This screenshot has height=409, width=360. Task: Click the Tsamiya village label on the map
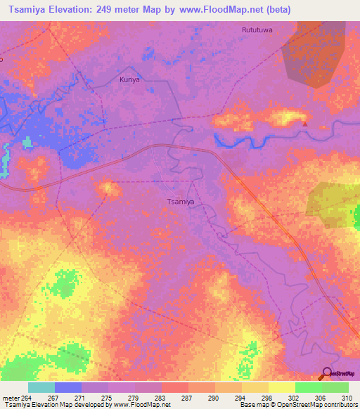pyautogui.click(x=180, y=202)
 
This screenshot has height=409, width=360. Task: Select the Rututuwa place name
pyautogui.click(x=257, y=30)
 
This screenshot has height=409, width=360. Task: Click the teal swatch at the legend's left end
pyautogui.click(x=41, y=387)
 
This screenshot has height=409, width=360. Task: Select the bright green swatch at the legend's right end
pyautogui.click(x=335, y=387)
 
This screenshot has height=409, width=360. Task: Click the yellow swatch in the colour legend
pyautogui.click(x=281, y=387)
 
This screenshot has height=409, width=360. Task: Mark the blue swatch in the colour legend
pyautogui.click(x=68, y=387)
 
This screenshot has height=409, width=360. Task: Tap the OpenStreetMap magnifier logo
pyautogui.click(x=327, y=374)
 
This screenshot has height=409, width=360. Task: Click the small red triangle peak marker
pyautogui.click(x=305, y=124)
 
